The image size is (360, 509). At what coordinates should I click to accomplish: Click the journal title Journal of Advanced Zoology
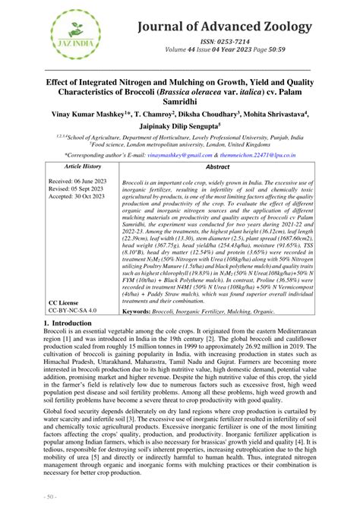tap(225, 27)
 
